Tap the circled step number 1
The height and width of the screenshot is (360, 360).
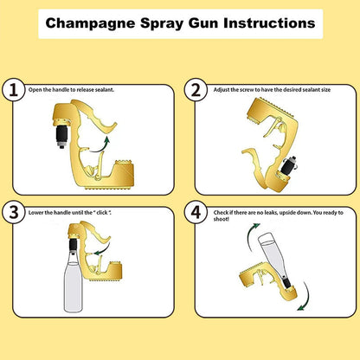pyautogui.click(x=12, y=91)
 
